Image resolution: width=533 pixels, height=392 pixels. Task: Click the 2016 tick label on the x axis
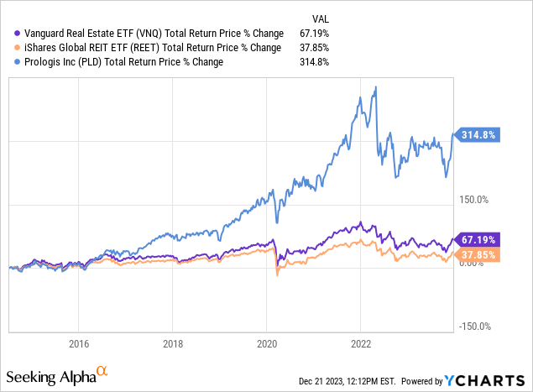[78, 342]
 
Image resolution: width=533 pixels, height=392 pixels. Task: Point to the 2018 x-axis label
[172, 342]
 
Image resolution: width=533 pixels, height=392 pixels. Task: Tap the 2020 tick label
[266, 342]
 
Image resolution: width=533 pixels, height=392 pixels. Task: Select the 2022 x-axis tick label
[360, 342]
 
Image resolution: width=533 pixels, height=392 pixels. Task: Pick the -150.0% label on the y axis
[473, 327]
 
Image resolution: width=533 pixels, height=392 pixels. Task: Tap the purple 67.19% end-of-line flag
[476, 239]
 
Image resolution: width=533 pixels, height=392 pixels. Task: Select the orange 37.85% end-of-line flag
[476, 254]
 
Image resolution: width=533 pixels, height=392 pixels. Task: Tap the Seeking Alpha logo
[57, 372]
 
